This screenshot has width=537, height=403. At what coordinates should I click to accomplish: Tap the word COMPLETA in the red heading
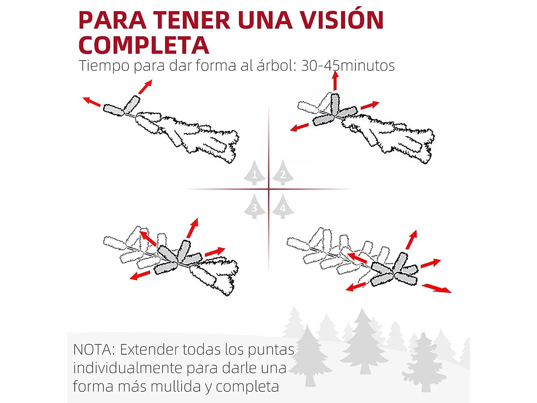[x=144, y=45]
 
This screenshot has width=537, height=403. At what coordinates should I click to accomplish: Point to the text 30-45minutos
[x=348, y=66]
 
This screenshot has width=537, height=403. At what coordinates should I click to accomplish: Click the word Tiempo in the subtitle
[x=104, y=66]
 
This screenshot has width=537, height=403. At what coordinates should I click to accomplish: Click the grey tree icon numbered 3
[x=255, y=206]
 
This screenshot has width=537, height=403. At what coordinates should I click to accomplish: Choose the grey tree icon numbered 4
[x=282, y=206]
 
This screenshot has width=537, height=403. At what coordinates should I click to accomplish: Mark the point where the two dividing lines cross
[x=268, y=189]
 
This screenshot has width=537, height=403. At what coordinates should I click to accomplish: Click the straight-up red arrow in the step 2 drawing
[x=335, y=81]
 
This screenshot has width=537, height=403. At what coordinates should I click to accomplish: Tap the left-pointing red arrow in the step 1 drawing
[x=92, y=102]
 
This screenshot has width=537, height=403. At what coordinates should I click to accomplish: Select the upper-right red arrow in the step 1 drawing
[x=145, y=86]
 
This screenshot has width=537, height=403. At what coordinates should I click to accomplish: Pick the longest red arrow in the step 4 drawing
[x=437, y=288]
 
